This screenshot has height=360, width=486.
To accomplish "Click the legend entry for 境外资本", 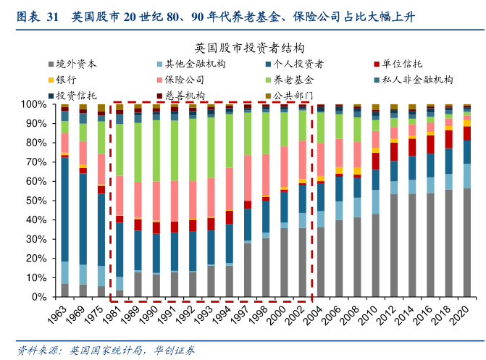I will (x=76, y=64).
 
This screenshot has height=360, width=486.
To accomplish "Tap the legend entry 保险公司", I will (x=185, y=80).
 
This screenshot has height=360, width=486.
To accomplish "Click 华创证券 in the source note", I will (x=175, y=350).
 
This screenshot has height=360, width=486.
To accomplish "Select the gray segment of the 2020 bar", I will (x=466, y=243).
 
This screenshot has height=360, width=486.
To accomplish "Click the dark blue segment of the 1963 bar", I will (x=64, y=209).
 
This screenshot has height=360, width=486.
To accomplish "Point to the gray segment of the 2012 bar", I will (x=393, y=246).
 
